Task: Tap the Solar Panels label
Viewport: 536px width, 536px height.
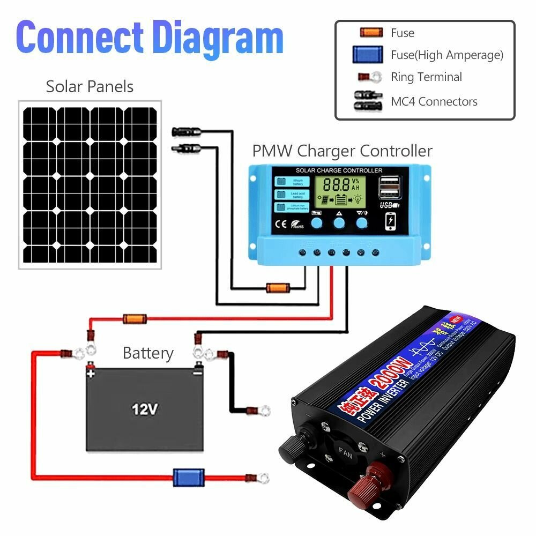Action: coord(90,86)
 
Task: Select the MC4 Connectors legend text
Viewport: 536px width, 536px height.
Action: coord(434,101)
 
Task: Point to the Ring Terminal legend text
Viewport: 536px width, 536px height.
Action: coord(426,77)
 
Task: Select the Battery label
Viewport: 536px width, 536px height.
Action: coord(148,353)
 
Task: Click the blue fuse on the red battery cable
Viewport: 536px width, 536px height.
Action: coord(188,475)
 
